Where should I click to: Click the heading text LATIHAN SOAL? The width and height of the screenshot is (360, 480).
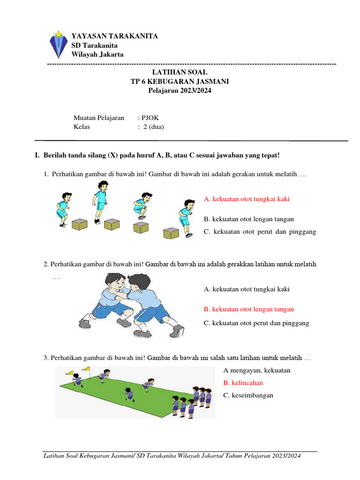(180, 72)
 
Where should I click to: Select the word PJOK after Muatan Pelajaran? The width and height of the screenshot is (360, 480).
(150, 118)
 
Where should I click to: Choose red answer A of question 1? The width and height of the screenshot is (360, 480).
(247, 199)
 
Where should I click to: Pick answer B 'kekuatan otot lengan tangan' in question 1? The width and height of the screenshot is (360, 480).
(249, 219)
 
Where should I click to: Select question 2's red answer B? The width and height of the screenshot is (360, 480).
(249, 309)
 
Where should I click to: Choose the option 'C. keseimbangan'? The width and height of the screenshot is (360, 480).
(248, 395)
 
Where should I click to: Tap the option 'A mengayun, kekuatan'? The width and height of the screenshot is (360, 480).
(257, 370)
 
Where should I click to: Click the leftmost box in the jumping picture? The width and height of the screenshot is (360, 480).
(80, 225)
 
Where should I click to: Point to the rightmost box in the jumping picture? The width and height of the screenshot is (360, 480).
(171, 233)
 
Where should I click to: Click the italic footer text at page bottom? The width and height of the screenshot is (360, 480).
(172, 456)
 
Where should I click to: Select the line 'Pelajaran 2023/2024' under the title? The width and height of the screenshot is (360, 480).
(180, 91)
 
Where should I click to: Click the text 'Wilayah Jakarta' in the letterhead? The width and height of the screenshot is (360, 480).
(97, 54)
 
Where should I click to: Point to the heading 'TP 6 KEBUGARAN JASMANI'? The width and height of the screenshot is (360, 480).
(180, 82)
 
